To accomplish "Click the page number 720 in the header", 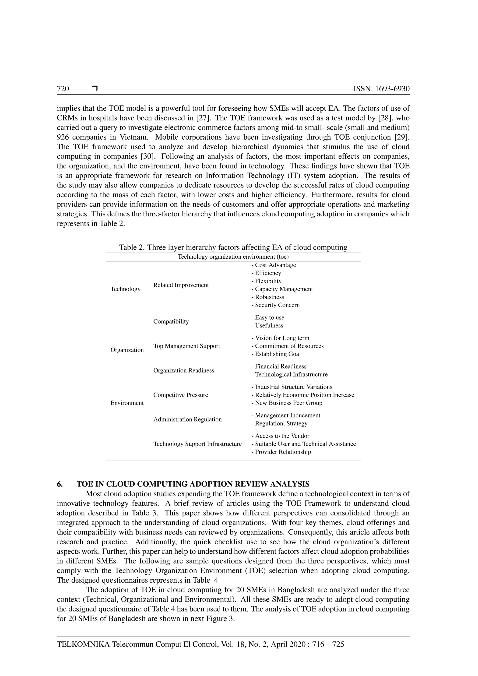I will [63, 89].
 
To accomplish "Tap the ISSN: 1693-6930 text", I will [381, 89].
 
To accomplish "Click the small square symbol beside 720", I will [95, 88].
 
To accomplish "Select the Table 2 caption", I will [233, 247].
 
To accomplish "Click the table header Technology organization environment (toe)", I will [233, 257].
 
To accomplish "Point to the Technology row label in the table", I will [125, 289].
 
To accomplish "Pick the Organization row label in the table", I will [127, 350].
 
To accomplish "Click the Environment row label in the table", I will [127, 403].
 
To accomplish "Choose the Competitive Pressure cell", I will [180, 395].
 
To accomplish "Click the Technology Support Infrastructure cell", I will [197, 444].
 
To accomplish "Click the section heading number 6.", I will [60, 484].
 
